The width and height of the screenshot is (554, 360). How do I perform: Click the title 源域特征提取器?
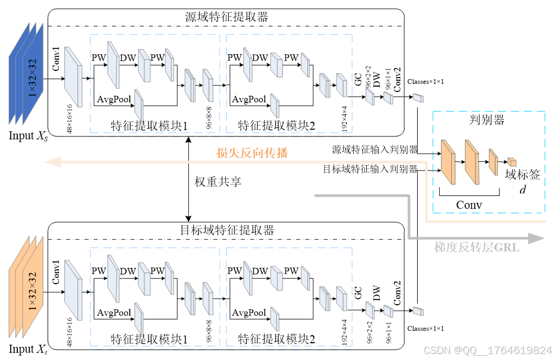coord(226,17)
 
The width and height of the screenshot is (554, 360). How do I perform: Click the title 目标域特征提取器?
coord(226,230)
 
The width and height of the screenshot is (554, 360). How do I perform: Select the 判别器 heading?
coord(486,120)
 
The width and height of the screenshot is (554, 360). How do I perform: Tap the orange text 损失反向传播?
coord(252,153)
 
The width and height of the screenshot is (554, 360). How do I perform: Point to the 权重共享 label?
coord(217,182)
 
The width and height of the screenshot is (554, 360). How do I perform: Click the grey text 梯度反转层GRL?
coord(476,247)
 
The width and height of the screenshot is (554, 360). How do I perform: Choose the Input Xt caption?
coord(28,349)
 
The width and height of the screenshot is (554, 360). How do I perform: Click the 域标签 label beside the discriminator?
coord(522,174)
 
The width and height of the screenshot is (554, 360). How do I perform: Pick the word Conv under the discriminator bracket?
coord(469,205)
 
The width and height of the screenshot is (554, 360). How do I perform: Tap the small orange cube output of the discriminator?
coord(511,162)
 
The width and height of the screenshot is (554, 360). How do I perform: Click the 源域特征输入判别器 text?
coord(374,149)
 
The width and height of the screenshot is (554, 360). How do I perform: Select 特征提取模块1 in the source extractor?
coord(149,126)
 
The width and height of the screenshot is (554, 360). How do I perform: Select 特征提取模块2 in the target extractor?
coord(276,339)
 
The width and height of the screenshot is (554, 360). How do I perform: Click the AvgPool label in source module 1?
coord(114,99)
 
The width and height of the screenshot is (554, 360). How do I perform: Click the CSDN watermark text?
coord(487,350)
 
